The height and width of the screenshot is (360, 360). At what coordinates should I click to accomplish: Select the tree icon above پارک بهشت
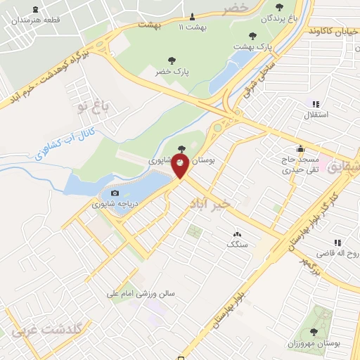253,35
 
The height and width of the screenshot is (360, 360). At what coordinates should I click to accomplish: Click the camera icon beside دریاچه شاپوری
115,193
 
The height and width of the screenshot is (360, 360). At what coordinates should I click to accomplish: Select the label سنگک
237,244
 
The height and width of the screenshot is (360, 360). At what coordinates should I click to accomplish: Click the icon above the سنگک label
237,234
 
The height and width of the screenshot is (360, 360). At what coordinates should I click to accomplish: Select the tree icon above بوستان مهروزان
313,331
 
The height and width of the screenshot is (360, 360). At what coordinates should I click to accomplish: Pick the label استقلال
311,115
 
